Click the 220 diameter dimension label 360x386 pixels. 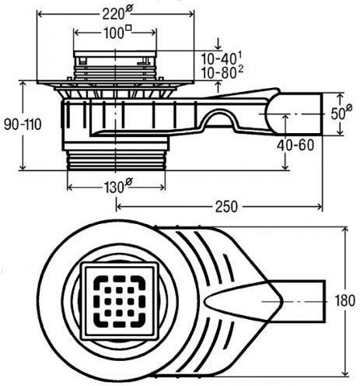(117, 13)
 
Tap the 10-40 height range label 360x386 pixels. (222, 58)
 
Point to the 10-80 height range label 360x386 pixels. (222, 72)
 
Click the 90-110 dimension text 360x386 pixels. (23, 125)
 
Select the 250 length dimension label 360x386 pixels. (226, 206)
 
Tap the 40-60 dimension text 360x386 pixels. (295, 145)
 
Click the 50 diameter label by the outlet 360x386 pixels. (341, 112)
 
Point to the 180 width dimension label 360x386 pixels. (344, 300)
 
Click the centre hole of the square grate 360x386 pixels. (119, 301)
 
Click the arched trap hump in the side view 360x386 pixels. (221, 118)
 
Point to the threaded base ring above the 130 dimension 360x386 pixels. (116, 160)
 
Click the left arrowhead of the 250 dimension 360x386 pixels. (119, 206)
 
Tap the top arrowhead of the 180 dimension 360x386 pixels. (344, 230)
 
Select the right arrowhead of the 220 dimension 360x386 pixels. (190, 13)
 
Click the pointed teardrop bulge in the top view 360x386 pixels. (243, 301)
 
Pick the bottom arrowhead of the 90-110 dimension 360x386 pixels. (23, 167)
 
